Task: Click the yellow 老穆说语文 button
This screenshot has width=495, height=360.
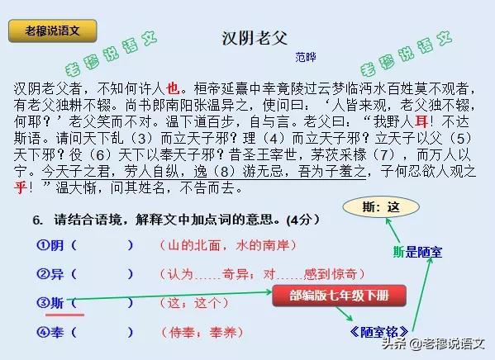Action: pyautogui.click(x=52, y=31)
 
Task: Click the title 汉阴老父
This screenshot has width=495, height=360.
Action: pyautogui.click(x=255, y=38)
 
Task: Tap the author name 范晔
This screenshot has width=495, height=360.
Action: pyautogui.click(x=306, y=57)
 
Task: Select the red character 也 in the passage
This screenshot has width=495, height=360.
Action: pyautogui.click(x=173, y=88)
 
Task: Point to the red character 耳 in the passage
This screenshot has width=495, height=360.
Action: pyautogui.click(x=421, y=121)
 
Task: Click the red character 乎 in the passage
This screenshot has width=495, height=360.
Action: pyautogui.click(x=20, y=187)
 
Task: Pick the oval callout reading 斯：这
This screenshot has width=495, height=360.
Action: pyautogui.click(x=381, y=207)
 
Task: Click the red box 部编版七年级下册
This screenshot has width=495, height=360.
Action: pyautogui.click(x=339, y=296)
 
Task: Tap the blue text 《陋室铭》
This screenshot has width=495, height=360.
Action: pyautogui.click(x=379, y=332)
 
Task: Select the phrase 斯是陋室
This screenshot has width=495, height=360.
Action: pyautogui.click(x=417, y=252)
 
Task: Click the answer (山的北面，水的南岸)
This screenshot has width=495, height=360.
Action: pyautogui.click(x=228, y=245)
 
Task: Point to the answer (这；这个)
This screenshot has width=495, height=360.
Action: pyautogui.click(x=194, y=303)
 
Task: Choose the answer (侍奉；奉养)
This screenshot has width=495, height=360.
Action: pyautogui.click(x=202, y=332)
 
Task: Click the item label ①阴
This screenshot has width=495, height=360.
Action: pyautogui.click(x=50, y=245)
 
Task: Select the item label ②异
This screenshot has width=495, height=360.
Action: pyautogui.click(x=50, y=274)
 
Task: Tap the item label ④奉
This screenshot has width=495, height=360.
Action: pyautogui.click(x=50, y=332)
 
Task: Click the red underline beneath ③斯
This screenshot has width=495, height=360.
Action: pyautogui.click(x=64, y=315)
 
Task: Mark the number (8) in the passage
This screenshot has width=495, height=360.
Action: pyautogui.click(x=225, y=171)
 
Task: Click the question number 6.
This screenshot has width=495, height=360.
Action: pyautogui.click(x=38, y=220)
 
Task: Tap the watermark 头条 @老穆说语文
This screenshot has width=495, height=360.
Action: pyautogui.click(x=433, y=343)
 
